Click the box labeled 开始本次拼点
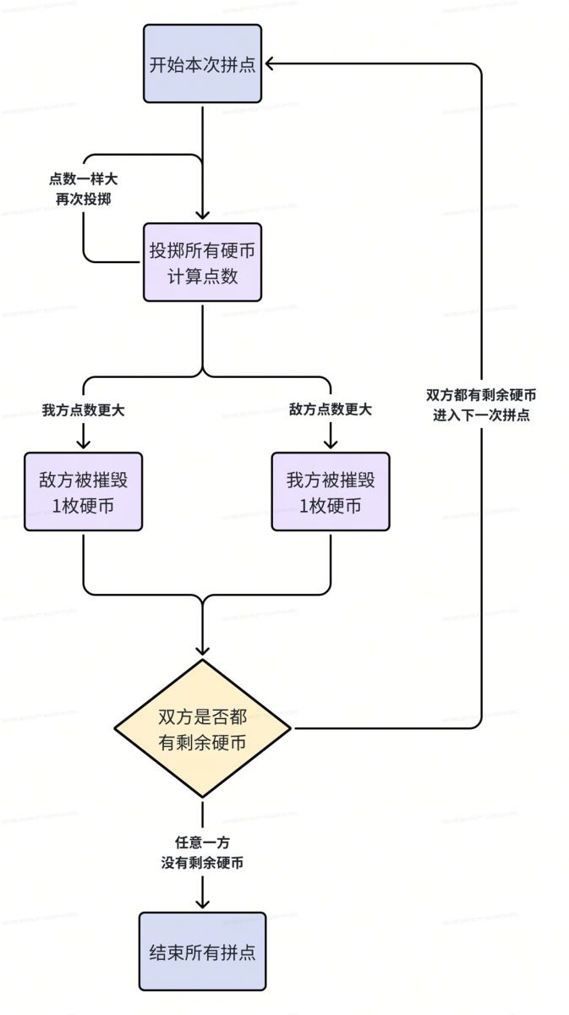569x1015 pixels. click(202, 64)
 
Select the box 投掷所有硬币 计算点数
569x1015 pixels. click(202, 261)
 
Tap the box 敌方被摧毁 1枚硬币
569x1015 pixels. click(83, 491)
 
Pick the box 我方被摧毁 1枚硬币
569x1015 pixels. click(331, 491)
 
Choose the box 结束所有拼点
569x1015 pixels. click(202, 951)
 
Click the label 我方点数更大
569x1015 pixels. click(84, 410)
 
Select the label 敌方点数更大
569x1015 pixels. click(331, 410)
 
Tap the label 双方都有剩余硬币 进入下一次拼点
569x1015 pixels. click(481, 405)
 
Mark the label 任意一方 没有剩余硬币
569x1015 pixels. click(203, 853)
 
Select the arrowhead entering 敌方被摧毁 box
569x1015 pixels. click(84, 442)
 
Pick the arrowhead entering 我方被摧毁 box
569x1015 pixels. click(331, 442)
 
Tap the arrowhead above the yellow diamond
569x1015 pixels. click(203, 650)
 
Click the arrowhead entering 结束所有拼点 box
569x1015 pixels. click(203, 903)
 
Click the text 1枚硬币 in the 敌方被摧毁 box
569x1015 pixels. click(83, 506)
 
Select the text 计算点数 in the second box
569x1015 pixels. click(202, 276)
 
